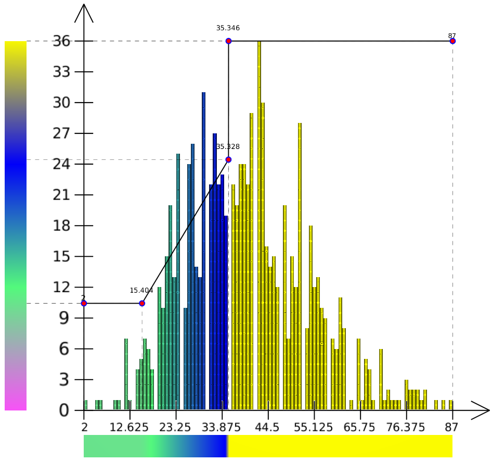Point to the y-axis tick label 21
(x=61, y=195)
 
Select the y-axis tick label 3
(x=64, y=380)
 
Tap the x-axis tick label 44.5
(x=268, y=428)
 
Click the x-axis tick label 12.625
(x=130, y=428)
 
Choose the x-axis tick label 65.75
(x=360, y=428)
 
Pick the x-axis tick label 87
(x=452, y=428)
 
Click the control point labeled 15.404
(x=142, y=303)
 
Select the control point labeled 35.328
(x=228, y=159)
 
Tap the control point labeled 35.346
(x=228, y=41)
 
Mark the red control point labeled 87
(x=452, y=41)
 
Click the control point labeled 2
(x=84, y=303)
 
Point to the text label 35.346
(x=228, y=28)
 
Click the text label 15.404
(x=141, y=291)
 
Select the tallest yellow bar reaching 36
(x=259, y=224)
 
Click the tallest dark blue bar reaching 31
(x=203, y=250)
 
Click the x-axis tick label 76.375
(x=406, y=428)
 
